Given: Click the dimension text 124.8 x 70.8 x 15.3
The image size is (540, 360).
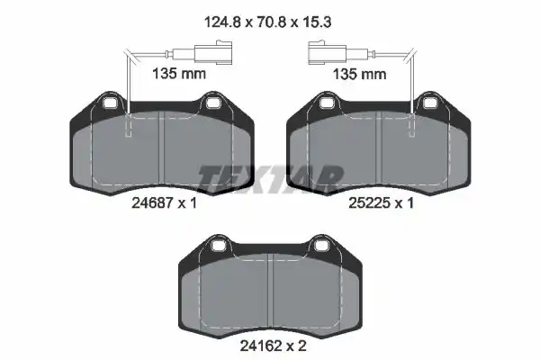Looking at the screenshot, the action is [x=267, y=22].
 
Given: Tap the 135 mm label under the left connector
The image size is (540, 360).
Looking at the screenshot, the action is [x=179, y=74].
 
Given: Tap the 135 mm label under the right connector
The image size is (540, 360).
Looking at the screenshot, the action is [x=359, y=74].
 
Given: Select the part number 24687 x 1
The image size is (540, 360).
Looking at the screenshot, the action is [x=165, y=202].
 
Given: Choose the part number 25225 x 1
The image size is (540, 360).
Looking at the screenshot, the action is [x=381, y=202].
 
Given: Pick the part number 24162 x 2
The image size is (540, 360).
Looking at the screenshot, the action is [x=273, y=346].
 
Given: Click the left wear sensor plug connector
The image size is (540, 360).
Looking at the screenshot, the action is [x=213, y=53].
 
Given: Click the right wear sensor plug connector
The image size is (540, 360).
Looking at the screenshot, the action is [x=328, y=53].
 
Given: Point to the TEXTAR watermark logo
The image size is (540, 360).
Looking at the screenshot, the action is [x=271, y=178].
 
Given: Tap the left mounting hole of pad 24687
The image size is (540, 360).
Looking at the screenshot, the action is [x=110, y=103].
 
